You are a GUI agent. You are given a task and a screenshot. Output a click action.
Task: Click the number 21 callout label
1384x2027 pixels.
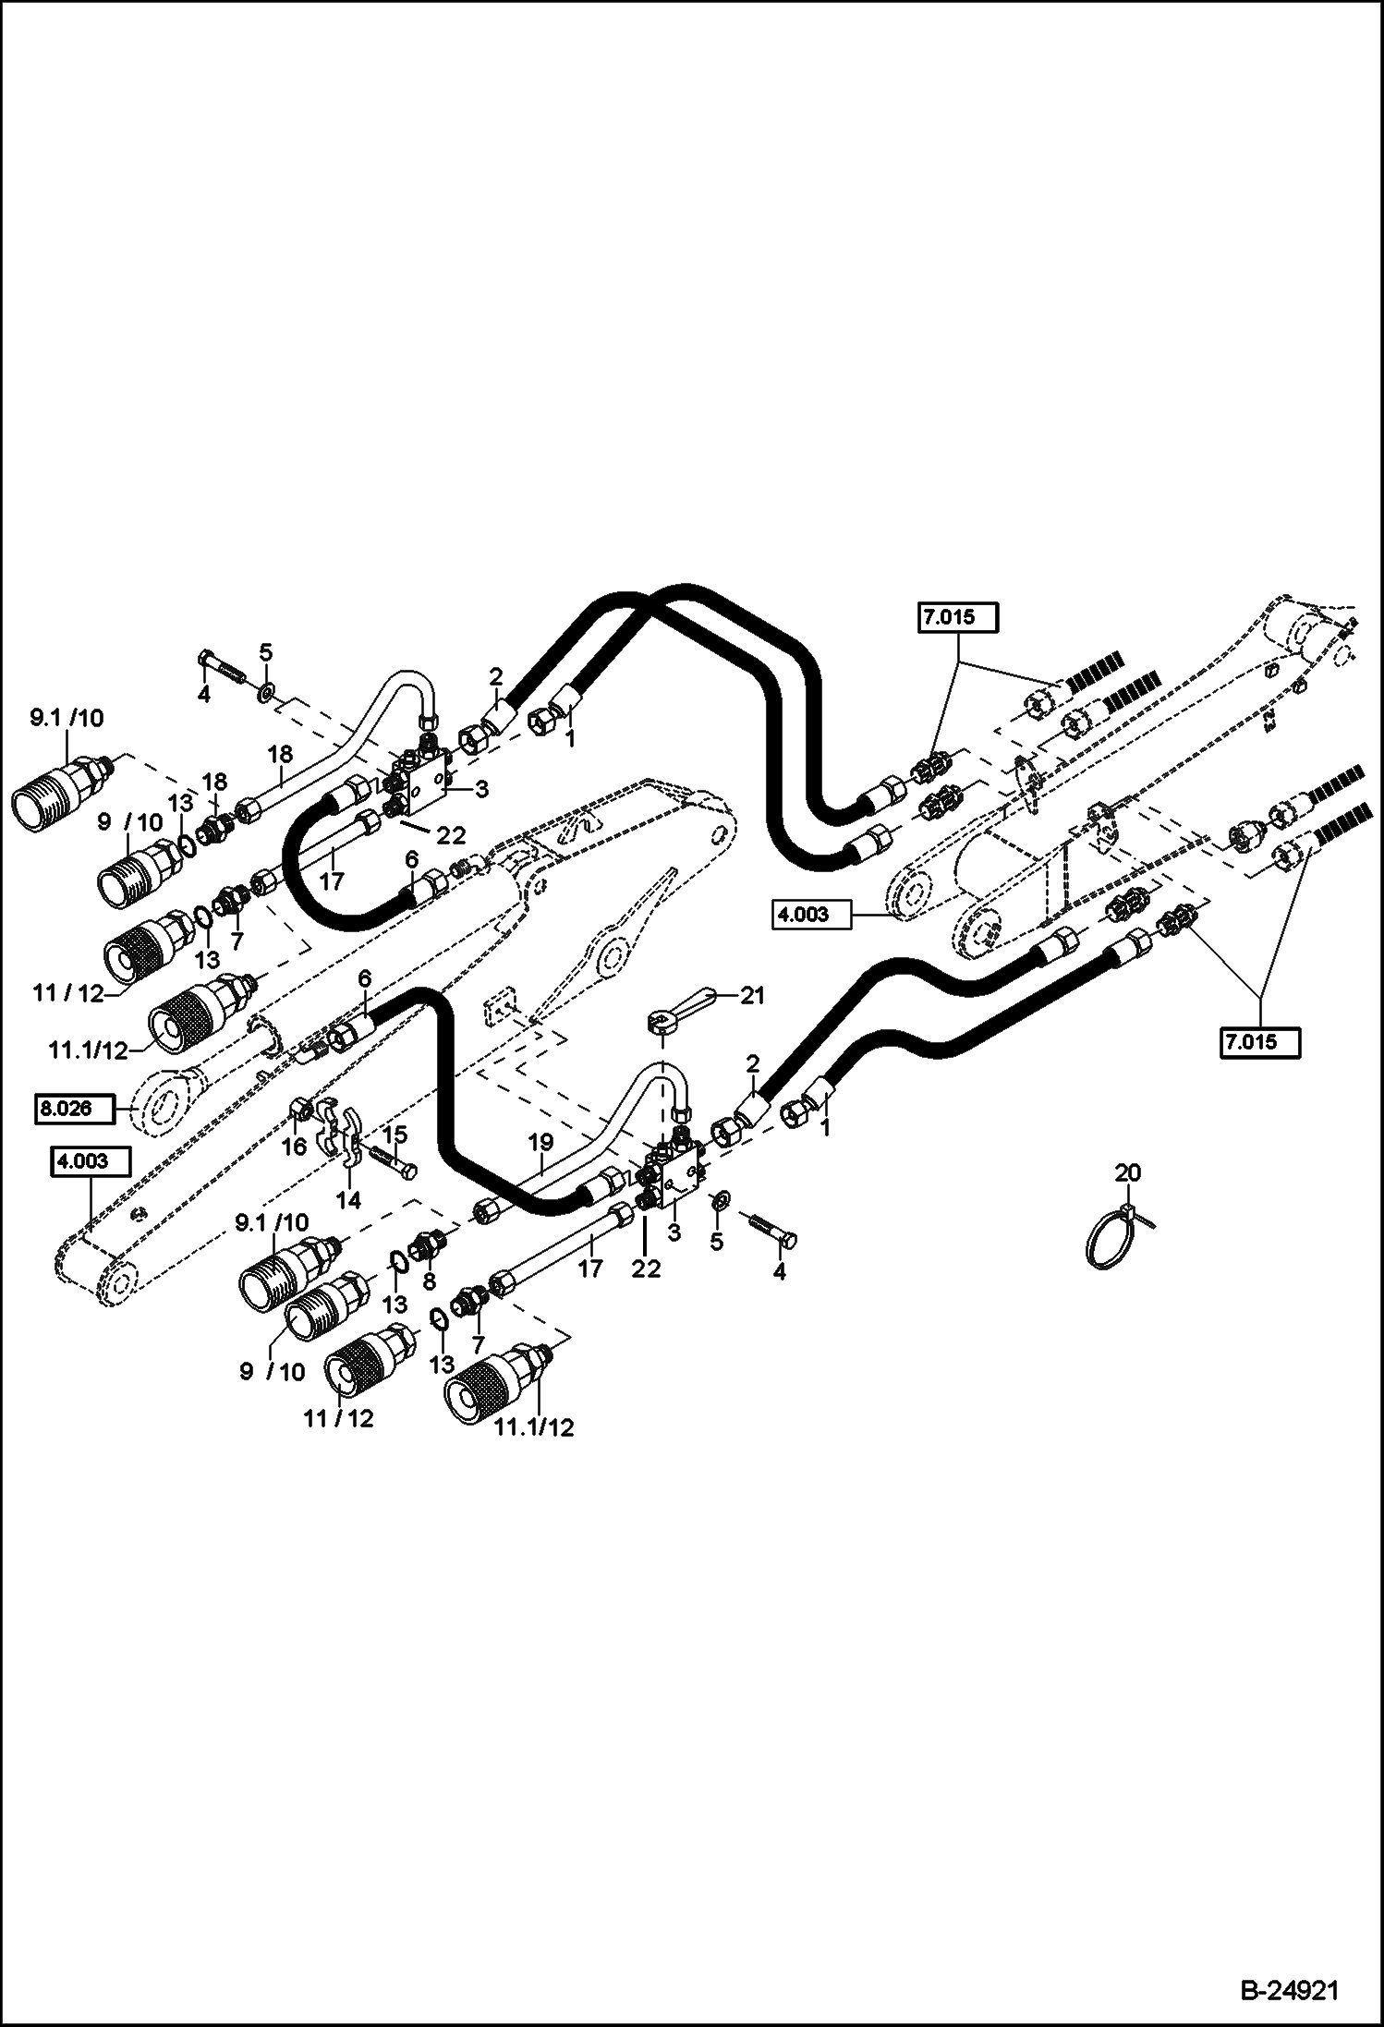pyautogui.click(x=753, y=995)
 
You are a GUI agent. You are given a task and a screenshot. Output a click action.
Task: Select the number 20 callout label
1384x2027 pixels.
pyautogui.click(x=1127, y=1173)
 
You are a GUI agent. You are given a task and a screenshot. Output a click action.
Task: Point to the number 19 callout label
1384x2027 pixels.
pyautogui.click(x=540, y=1144)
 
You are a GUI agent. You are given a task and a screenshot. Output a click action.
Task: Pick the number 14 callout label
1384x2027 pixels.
pyautogui.click(x=348, y=1199)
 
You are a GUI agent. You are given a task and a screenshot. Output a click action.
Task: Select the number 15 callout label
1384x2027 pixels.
pyautogui.click(x=395, y=1135)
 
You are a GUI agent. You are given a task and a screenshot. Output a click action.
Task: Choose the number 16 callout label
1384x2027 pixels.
pyautogui.click(x=295, y=1147)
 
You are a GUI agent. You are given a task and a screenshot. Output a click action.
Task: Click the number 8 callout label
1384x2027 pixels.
pyautogui.click(x=428, y=1282)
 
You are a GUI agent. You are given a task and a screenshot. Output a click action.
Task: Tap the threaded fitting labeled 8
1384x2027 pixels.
pyautogui.click(x=428, y=1247)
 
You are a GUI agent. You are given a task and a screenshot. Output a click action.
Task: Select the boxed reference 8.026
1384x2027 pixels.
pyautogui.click(x=75, y=1108)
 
